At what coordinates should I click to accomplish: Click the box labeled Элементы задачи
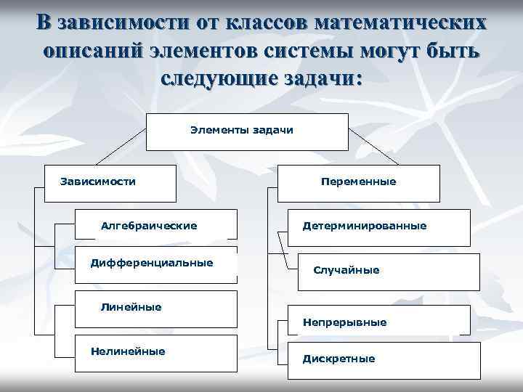point(241,131)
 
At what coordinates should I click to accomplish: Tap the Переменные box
point(359,182)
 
